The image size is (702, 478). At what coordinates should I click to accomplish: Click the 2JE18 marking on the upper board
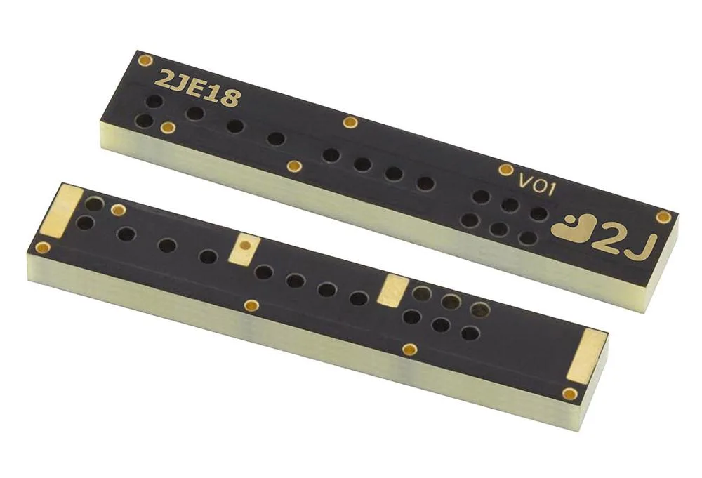(x=197, y=88)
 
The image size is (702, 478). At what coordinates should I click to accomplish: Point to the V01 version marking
(x=537, y=185)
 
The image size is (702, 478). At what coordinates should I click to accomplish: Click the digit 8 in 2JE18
(x=230, y=98)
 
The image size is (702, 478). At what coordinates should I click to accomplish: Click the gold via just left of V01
(x=505, y=169)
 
